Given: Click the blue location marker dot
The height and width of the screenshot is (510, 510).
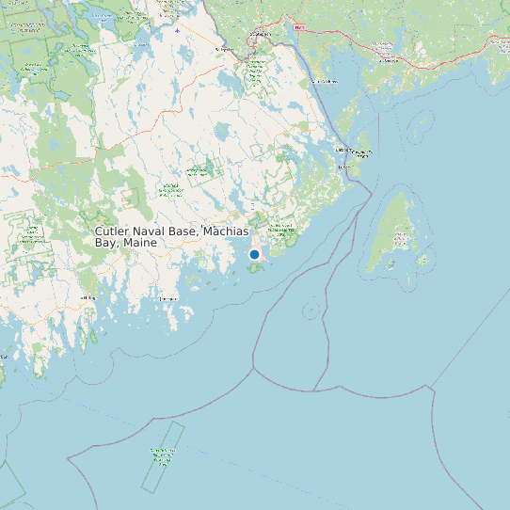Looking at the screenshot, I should click(x=254, y=254).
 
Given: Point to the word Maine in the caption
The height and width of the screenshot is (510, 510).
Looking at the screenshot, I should click(x=138, y=243).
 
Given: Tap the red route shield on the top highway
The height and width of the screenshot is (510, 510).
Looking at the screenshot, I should click(x=299, y=28).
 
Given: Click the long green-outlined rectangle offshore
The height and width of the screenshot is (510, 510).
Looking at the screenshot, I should click(x=163, y=456).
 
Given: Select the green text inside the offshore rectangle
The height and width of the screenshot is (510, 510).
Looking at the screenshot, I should click(x=164, y=456).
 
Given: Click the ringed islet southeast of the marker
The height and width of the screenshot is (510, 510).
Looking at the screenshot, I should click(x=311, y=310).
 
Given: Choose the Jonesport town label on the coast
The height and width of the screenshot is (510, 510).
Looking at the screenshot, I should click(x=168, y=299).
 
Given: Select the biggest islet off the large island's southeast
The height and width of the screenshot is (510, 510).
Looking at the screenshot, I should click(x=423, y=261).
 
